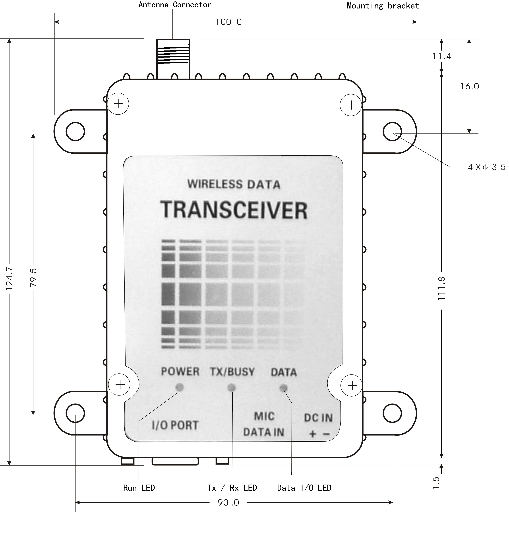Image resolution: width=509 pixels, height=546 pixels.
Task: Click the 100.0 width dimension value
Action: coord(228,22)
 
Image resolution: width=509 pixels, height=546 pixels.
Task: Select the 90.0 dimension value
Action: coord(228,503)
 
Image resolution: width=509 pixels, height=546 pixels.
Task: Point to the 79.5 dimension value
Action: coord(33,278)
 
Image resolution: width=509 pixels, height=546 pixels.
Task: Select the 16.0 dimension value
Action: coord(469,87)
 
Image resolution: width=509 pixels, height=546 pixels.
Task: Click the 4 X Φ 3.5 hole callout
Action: coord(486,167)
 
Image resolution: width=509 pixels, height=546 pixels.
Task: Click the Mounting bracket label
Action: coord(383,6)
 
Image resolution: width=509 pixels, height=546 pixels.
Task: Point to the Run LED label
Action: coord(139,488)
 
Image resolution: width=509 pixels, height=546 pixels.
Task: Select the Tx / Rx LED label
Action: coord(232,488)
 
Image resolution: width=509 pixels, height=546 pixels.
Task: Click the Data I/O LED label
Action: coord(304,488)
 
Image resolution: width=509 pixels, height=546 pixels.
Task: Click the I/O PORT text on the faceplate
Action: coord(175,425)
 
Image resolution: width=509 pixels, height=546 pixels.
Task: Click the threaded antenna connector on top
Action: coord(173,59)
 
